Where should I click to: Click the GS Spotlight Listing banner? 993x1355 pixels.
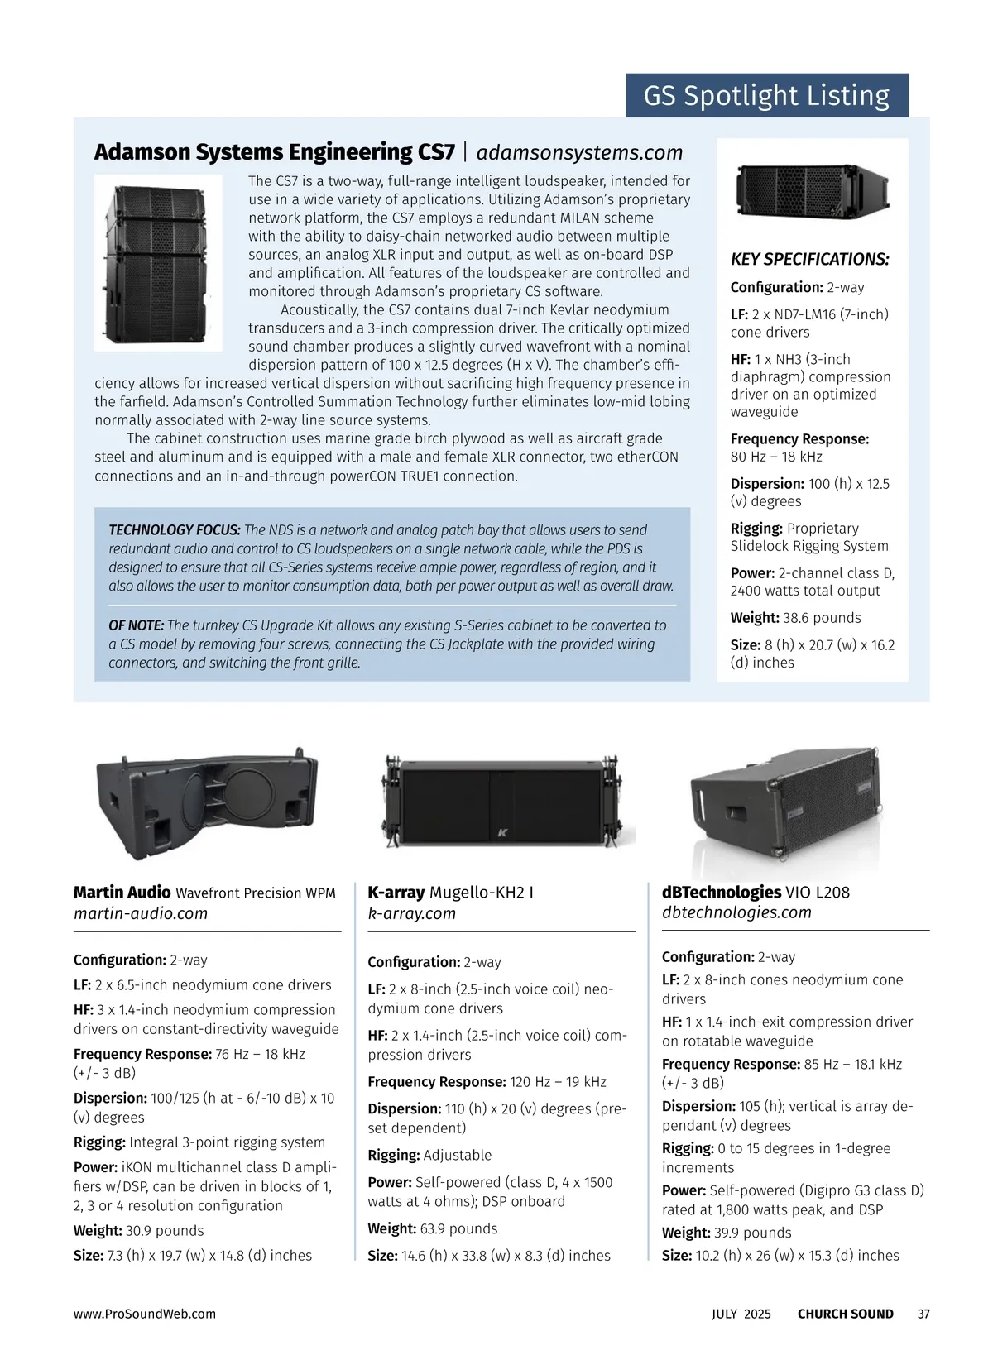766,96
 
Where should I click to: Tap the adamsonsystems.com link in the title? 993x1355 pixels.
579,152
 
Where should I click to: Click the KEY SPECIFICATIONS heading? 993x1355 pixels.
809,260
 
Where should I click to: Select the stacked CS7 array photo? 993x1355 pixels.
158,262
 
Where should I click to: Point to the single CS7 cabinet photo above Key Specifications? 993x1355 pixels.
812,191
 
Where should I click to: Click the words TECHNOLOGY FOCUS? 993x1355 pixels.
175,530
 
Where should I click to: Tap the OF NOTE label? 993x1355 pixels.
137,625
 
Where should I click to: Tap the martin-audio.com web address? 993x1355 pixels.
141,913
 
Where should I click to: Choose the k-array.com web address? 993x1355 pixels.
412,913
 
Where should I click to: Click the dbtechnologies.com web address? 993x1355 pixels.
736,912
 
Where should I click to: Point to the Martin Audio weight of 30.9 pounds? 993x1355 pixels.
164,1231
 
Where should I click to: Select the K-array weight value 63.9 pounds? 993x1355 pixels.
459,1228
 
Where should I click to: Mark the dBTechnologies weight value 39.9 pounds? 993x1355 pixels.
753,1233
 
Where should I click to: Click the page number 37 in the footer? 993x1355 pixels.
923,1314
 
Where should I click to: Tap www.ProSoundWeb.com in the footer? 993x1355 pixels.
144,1314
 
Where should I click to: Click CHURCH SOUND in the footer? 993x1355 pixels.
845,1314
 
